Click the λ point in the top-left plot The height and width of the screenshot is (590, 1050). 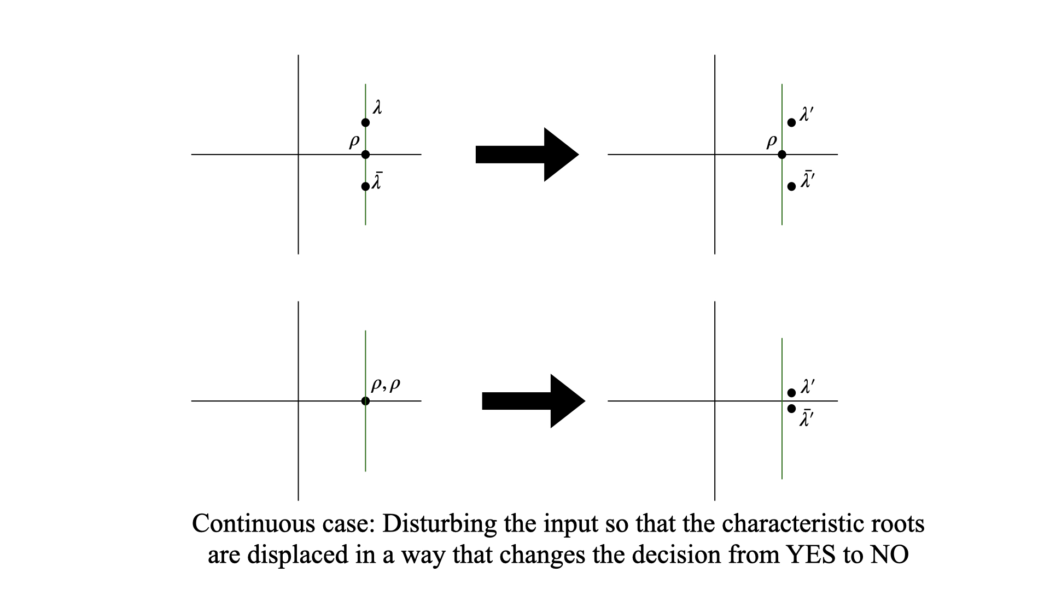click(x=365, y=122)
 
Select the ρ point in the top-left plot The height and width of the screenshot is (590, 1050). click(x=365, y=155)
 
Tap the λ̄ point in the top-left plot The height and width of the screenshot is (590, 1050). click(x=365, y=186)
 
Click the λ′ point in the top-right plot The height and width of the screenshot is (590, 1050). click(x=791, y=122)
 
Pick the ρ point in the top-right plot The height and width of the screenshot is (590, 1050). click(x=782, y=155)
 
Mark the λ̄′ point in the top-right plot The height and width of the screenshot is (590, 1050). click(x=791, y=186)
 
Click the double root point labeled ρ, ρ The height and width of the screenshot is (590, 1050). click(x=365, y=401)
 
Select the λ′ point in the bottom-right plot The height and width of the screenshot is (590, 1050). click(x=791, y=393)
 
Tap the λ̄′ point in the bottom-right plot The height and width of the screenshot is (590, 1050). click(x=791, y=409)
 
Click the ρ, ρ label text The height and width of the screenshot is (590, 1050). click(x=386, y=385)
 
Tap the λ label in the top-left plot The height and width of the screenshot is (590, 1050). click(x=377, y=107)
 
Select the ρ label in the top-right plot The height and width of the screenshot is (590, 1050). click(x=771, y=142)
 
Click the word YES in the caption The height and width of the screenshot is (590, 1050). click(x=811, y=555)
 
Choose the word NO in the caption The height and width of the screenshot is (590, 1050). click(x=889, y=555)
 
